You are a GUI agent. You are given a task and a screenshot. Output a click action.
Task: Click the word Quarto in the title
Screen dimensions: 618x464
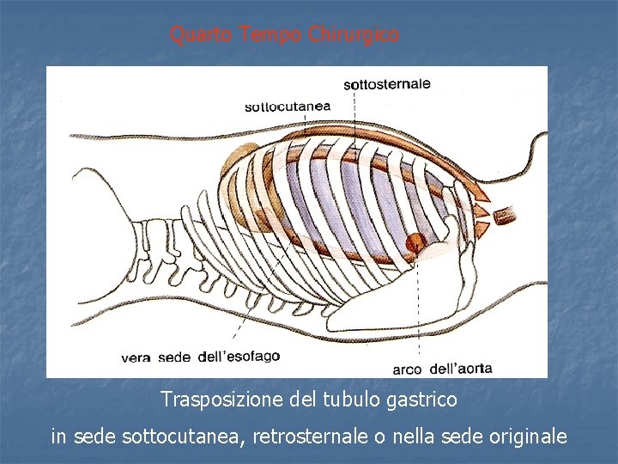pos(203,34)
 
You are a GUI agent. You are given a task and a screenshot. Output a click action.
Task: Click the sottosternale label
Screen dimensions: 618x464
pos(387,84)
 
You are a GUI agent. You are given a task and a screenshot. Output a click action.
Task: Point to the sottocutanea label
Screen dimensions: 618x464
pos(288,107)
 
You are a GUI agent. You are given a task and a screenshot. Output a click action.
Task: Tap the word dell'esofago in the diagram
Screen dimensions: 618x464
pos(239,356)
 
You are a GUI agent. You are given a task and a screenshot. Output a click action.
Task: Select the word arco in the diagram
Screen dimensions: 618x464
pos(407,369)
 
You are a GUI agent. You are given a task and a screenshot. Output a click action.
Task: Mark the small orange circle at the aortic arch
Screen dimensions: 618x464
pos(415,242)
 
